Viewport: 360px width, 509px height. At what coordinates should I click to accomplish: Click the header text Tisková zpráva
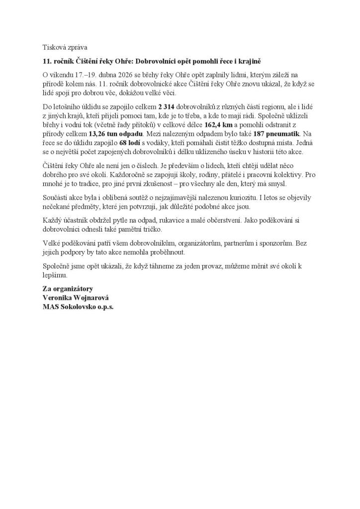[65, 48]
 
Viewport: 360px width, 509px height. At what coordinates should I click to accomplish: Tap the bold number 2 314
[168, 107]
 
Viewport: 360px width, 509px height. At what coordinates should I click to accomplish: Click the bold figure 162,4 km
[219, 125]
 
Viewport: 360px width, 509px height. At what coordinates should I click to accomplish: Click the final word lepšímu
[54, 275]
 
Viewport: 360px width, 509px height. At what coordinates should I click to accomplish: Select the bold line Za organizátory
[68, 289]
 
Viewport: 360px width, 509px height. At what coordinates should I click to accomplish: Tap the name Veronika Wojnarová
[76, 298]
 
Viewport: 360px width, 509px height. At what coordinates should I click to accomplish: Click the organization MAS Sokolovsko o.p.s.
[78, 307]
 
